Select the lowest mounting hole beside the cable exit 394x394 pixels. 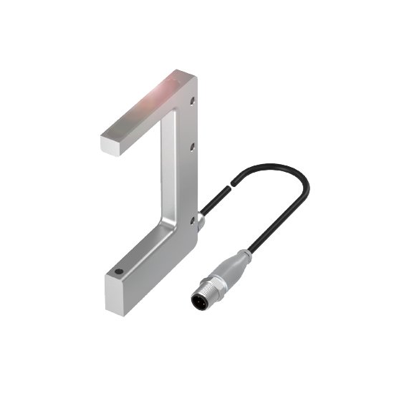[193, 222]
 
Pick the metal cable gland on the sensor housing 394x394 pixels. [202, 225]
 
